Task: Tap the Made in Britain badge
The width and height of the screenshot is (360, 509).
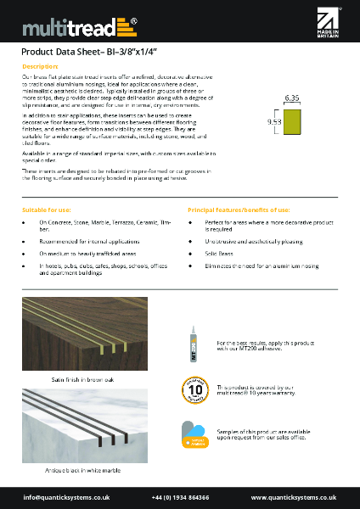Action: [x=328, y=25]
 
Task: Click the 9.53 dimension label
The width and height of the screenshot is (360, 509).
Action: [x=274, y=122]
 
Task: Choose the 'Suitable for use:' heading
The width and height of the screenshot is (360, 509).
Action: [x=47, y=209]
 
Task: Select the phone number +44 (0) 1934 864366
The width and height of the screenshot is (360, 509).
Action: [x=180, y=496]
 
